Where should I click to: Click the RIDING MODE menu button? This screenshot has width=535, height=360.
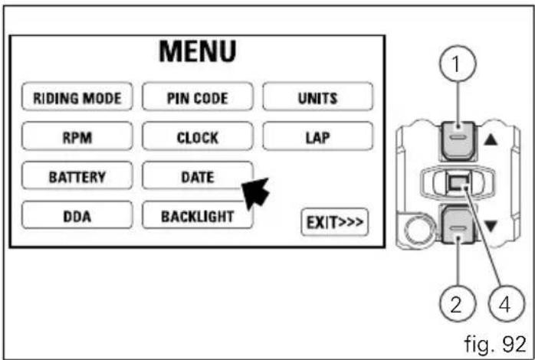(77, 97)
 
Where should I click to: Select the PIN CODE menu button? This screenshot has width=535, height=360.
(198, 97)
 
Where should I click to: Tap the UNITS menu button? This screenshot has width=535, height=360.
(317, 97)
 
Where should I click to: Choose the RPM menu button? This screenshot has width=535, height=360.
(77, 136)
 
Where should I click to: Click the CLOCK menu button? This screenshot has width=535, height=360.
(198, 136)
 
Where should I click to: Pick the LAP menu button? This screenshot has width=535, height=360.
(317, 136)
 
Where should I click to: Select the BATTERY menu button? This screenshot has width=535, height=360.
(77, 175)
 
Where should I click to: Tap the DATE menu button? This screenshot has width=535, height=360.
(198, 175)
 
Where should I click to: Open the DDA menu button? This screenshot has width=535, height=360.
(77, 214)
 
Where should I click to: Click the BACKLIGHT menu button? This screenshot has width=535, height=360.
(198, 214)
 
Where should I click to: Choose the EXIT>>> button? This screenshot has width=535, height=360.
(335, 222)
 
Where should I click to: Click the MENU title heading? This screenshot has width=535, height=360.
(198, 51)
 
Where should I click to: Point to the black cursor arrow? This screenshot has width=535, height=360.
(256, 193)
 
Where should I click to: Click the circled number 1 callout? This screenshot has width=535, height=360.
(458, 64)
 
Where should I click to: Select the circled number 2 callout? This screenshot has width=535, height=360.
(458, 304)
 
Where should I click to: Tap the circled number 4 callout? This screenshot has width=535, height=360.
(507, 304)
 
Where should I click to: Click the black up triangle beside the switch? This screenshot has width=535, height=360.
(491, 139)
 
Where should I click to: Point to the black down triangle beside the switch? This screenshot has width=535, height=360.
(491, 226)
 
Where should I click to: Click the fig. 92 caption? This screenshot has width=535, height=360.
(495, 344)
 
